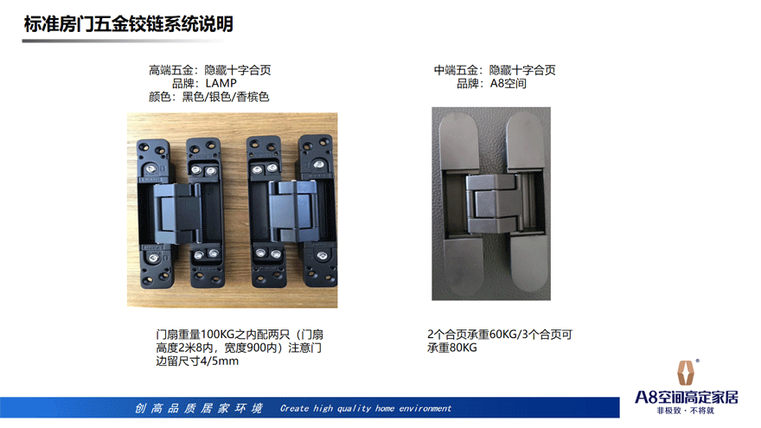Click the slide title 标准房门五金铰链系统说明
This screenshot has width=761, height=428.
coord(129,24)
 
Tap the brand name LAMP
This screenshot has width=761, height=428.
coord(221,84)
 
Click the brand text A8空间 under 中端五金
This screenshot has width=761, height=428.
coord(508,84)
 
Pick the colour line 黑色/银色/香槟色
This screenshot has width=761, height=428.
coord(225,97)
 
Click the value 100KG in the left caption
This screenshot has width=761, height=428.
coord(217,335)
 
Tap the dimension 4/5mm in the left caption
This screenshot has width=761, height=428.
coord(220,361)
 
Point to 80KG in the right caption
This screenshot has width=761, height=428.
coord(463,348)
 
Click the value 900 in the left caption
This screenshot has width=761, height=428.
coord(256,348)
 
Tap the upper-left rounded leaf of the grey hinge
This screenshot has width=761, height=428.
coord(458,141)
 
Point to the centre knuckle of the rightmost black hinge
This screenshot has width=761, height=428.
coord(292,211)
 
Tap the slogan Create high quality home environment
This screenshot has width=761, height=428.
coord(366,408)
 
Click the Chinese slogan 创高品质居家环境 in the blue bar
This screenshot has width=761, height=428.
coord(199,408)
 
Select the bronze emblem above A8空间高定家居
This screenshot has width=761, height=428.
coord(685,373)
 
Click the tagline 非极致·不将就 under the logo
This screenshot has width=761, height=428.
coord(685,411)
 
